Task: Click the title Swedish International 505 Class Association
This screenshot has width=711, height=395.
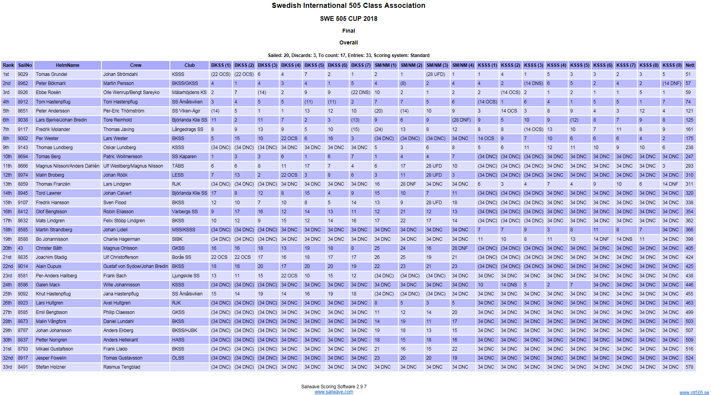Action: pos(348,6)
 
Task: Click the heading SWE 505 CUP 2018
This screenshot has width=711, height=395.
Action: pos(348,18)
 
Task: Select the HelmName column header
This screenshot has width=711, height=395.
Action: pos(67,65)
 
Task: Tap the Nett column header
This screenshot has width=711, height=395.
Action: pos(690,65)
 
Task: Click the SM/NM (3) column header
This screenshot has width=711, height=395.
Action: pos(437,65)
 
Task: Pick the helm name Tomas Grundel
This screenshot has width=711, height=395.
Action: pos(52,74)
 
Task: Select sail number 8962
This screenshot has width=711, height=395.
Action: pos(23,83)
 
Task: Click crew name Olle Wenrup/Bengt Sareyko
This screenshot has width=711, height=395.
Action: pos(131,92)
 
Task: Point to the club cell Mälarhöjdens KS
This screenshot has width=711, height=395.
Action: pos(189,92)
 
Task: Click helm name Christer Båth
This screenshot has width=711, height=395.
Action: pos(49,248)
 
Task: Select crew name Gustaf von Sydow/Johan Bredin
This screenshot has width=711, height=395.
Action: pos(136,266)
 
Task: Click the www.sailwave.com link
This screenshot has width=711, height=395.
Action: pos(334,392)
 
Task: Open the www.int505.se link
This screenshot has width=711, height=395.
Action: pos(694,393)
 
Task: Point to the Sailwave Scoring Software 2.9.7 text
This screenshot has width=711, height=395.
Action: pos(334,387)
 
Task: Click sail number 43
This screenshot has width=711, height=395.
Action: pos(20,248)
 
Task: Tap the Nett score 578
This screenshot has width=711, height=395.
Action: pos(689,367)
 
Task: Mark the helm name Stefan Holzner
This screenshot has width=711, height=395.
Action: pos(51,367)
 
